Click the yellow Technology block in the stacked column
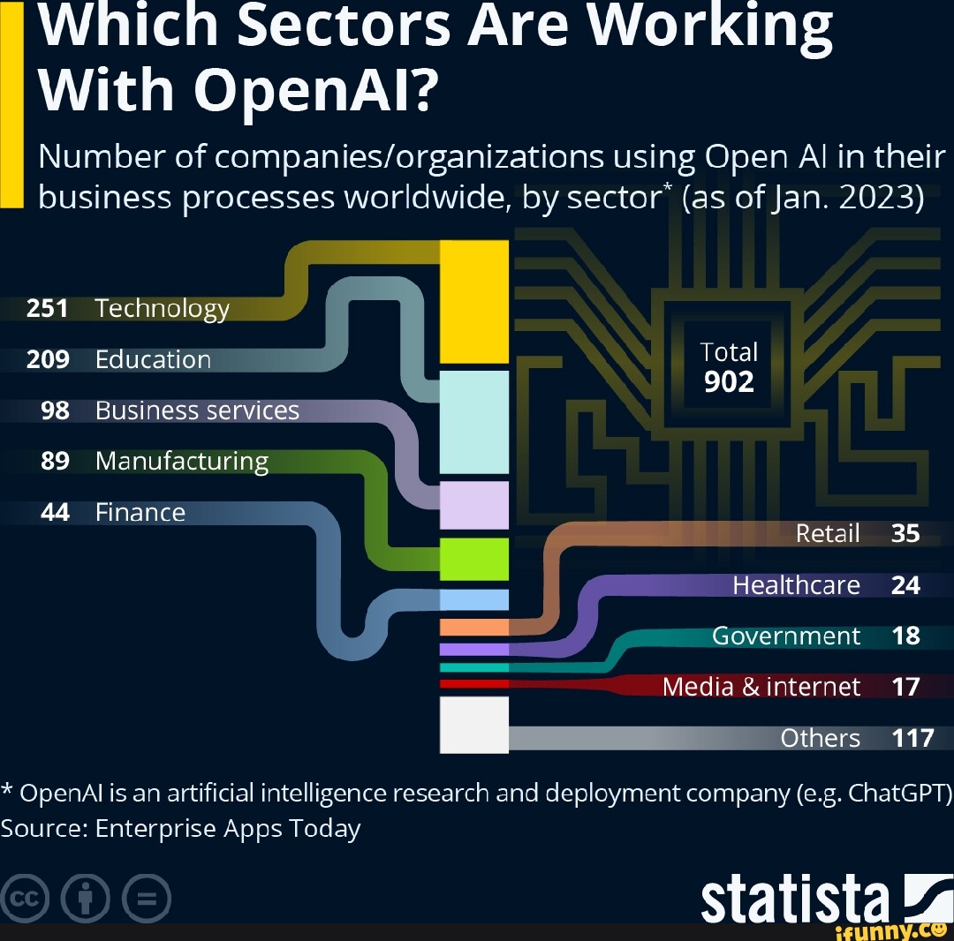coord(474,302)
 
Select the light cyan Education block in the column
coord(474,422)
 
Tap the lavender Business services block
coord(474,505)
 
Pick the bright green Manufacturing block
coord(474,559)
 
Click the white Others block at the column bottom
coord(474,725)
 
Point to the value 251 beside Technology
coord(48,308)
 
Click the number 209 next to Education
coord(48,359)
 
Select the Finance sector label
coord(140,513)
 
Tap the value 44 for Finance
coord(55,513)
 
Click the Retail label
coord(827,533)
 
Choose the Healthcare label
coord(796,585)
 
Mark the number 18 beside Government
coord(905,636)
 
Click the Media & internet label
coord(761,687)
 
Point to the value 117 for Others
coord(912,738)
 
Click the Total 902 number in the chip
coord(729,381)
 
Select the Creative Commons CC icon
coord(26,900)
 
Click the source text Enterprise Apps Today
coord(228,829)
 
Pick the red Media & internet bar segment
coord(474,683)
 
